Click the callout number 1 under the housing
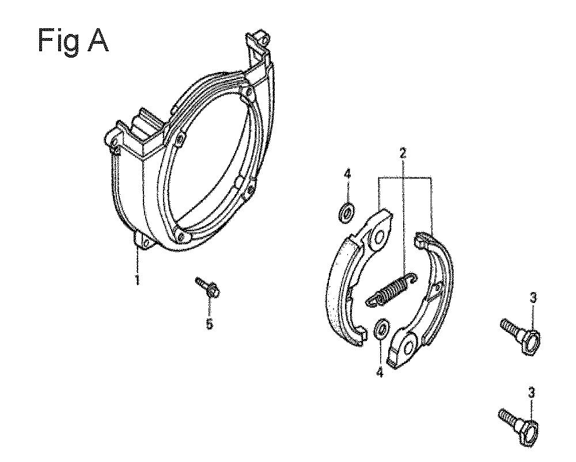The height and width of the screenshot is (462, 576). coord(137,279)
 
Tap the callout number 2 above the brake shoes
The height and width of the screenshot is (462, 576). coord(403,153)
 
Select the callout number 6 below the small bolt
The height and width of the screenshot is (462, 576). coord(209,324)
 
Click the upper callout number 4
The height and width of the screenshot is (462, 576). coord(347,175)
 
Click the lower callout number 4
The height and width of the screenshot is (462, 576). coord(380,372)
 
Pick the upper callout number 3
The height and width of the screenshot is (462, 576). coord(533,297)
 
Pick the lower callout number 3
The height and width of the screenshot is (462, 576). coord(532,393)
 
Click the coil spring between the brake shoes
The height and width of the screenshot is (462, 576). coord(391,289)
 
